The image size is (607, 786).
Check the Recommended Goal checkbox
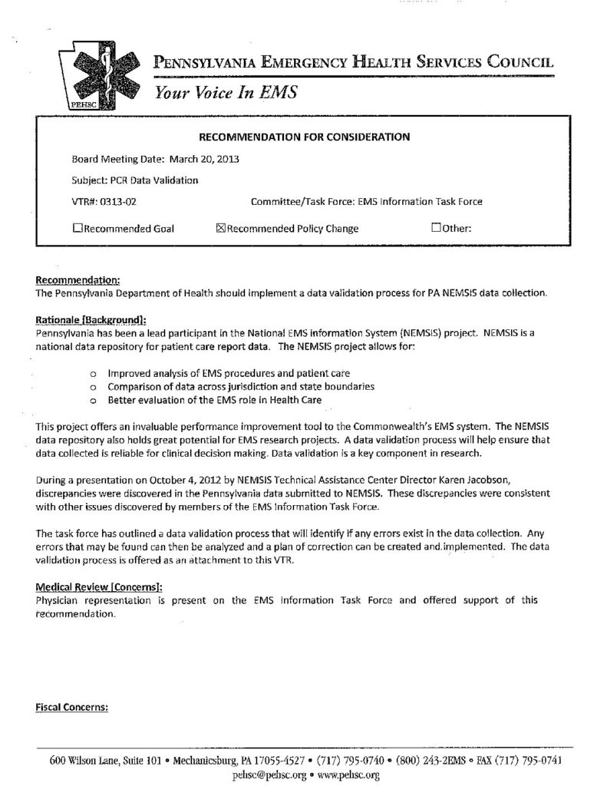(x=77, y=228)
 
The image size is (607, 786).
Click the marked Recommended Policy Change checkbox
(x=221, y=228)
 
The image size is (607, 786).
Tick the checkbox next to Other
(x=436, y=228)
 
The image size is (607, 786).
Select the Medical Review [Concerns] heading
(x=99, y=587)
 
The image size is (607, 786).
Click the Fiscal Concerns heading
(x=71, y=707)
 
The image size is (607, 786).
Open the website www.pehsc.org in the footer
(x=348, y=775)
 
